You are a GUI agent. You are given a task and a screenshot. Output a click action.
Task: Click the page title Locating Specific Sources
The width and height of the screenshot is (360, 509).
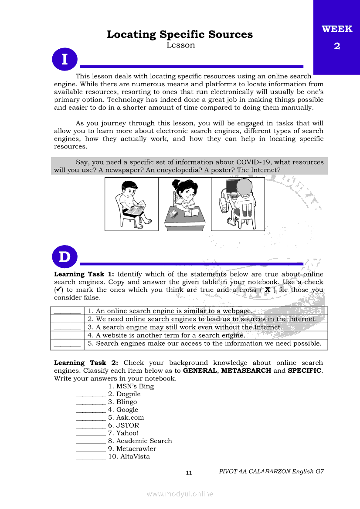coord(180,34)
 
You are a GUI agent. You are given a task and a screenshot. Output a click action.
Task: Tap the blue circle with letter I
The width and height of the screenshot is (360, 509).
coord(65,59)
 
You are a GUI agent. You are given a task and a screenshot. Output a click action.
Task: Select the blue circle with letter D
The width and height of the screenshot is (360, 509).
coord(65,257)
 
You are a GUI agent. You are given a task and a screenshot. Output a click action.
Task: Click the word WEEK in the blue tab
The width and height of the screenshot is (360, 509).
coord(337,29)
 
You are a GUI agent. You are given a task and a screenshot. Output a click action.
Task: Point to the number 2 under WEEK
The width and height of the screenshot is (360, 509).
coord(337,46)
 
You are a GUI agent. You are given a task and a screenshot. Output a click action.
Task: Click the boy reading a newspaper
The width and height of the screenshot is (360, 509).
coord(132,204)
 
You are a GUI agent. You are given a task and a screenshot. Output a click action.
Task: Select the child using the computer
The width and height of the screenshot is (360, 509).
coord(238,203)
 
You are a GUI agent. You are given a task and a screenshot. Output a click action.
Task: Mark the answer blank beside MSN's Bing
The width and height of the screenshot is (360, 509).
coord(91,388)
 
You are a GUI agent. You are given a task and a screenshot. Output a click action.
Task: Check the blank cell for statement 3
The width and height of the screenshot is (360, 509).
coord(67,327)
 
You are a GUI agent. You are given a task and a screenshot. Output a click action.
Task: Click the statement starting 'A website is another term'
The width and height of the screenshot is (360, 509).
coord(166,335)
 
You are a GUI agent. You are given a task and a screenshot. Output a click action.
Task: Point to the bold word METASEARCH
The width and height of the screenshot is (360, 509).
coord(246,371)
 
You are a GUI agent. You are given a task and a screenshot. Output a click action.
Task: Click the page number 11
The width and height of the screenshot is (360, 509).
coord(189,473)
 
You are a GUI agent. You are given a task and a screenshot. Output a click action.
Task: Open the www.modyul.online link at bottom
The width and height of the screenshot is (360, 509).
coord(180,494)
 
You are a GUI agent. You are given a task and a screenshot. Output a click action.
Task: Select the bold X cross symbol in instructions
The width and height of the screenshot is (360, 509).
coord(268,290)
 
